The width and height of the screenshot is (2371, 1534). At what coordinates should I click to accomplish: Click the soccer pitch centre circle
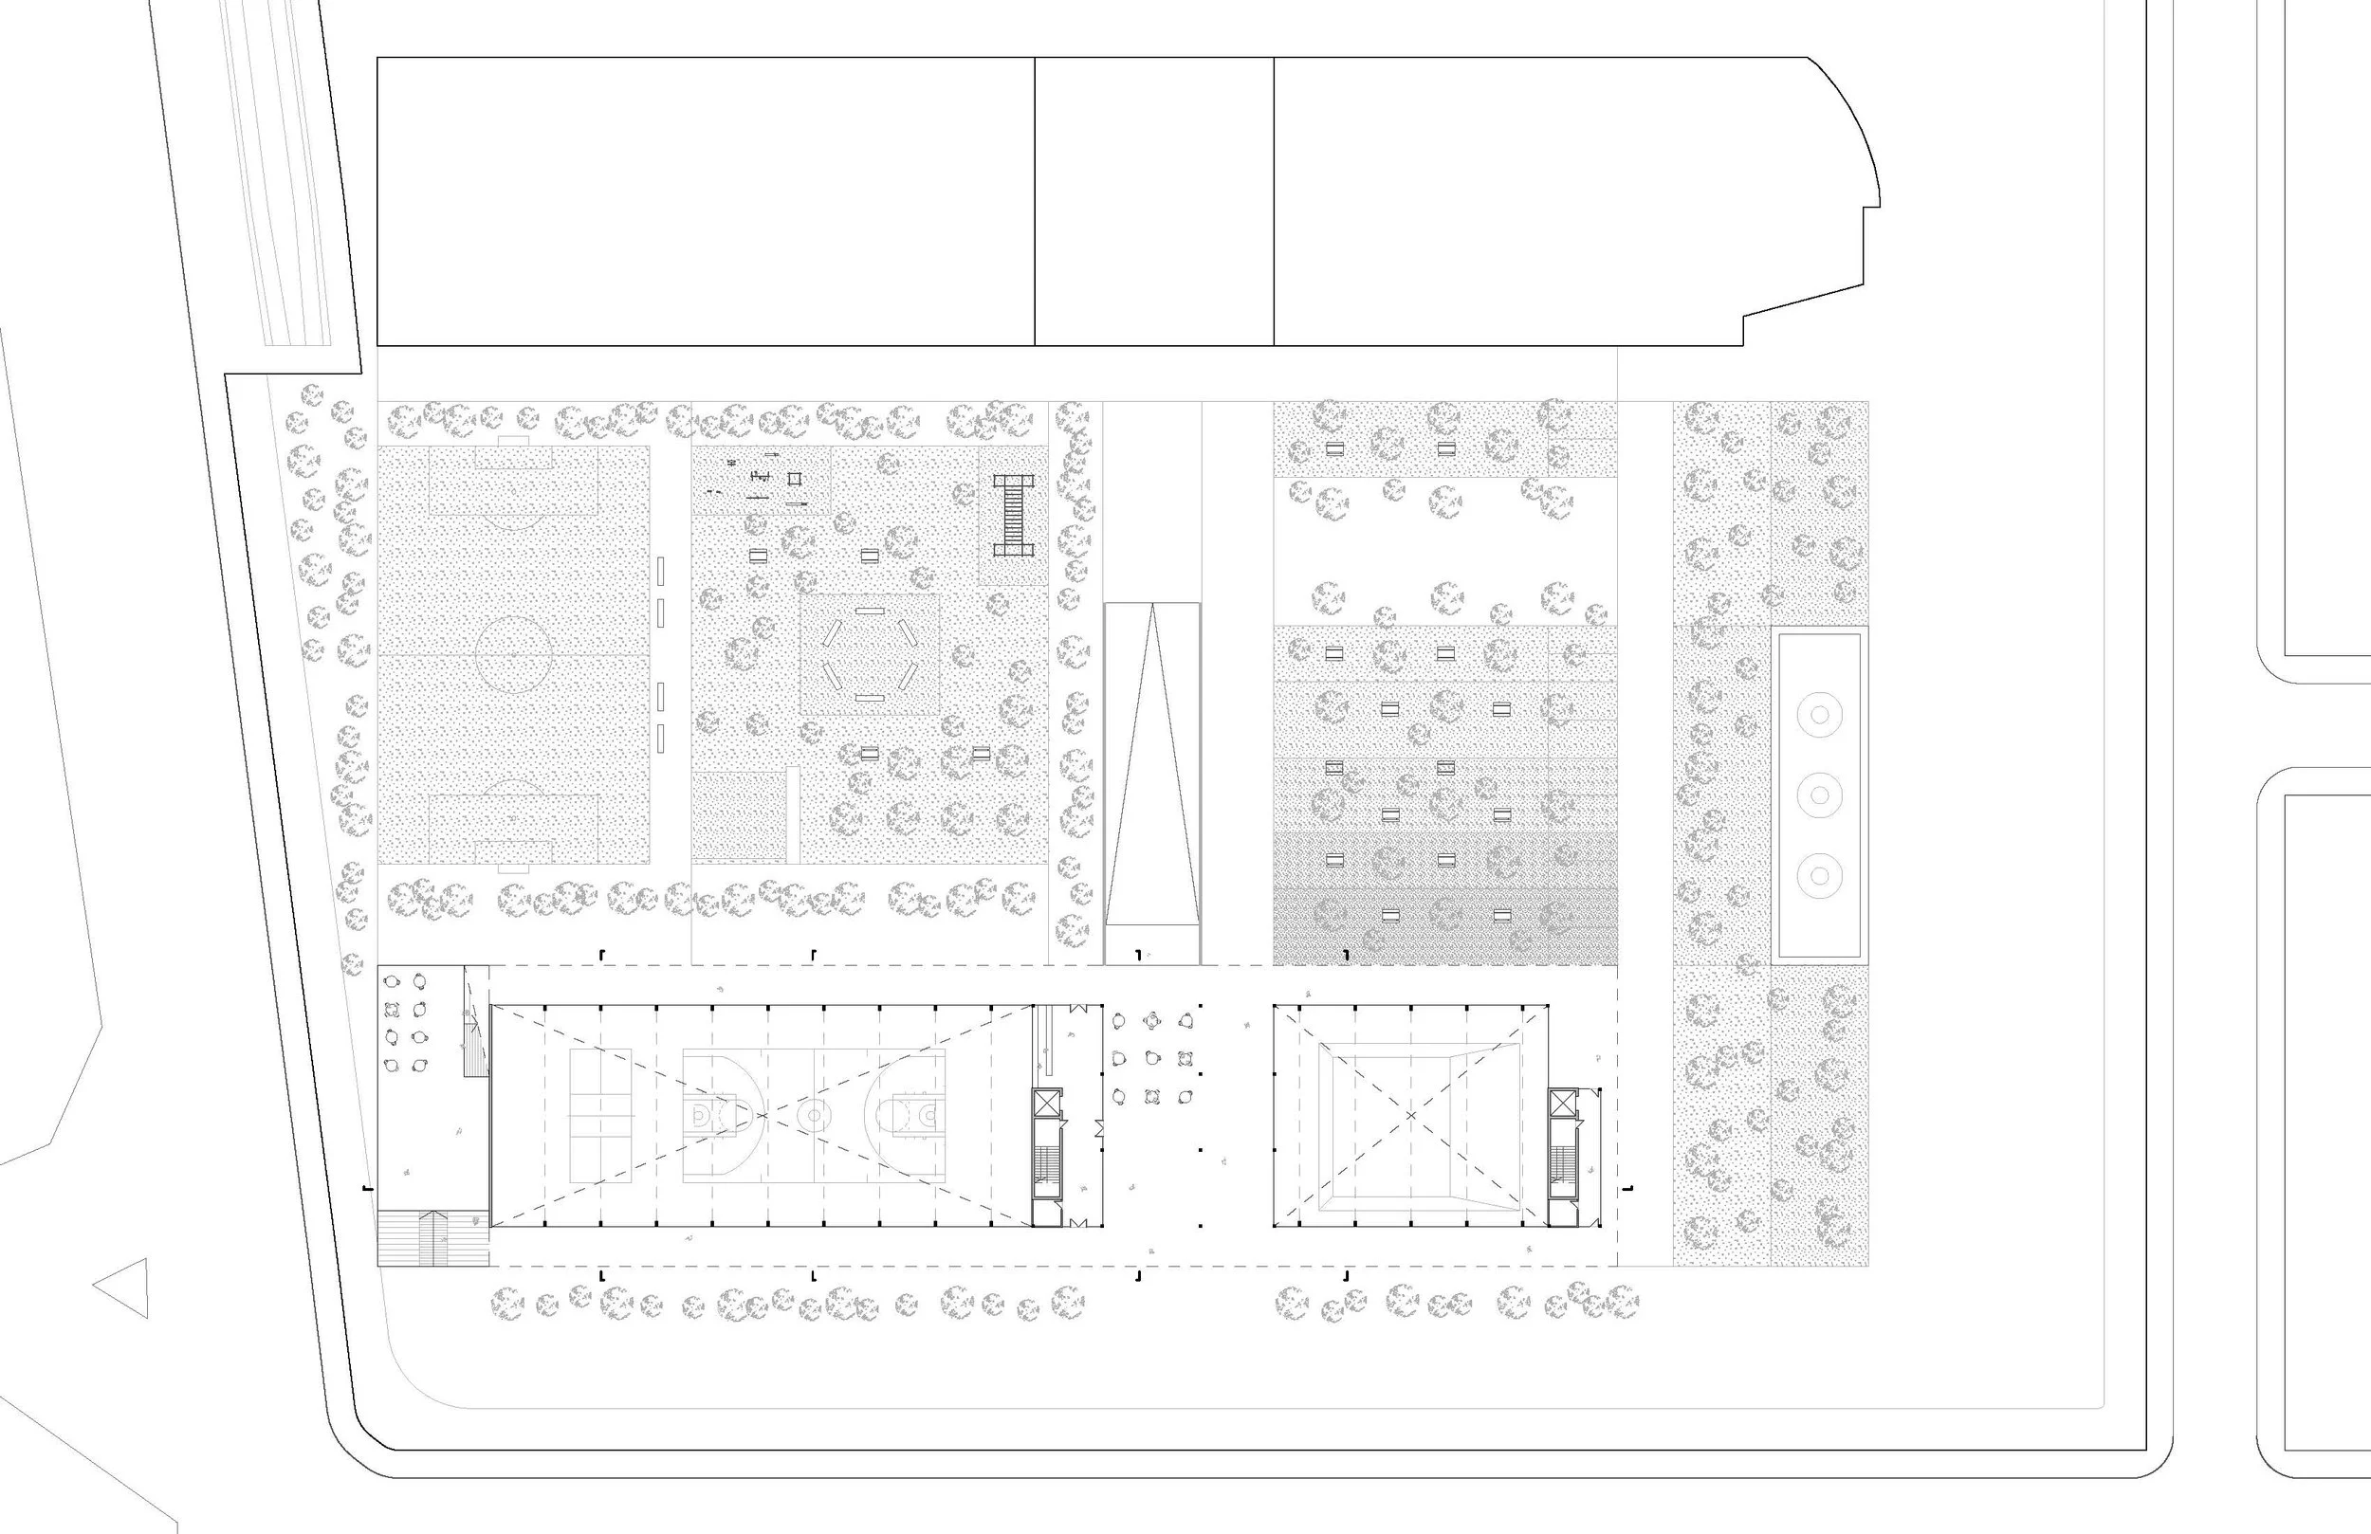click(513, 654)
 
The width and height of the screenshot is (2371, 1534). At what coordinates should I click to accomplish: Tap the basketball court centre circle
click(814, 1115)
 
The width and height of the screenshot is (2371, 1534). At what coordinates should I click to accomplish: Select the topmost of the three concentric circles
click(1819, 714)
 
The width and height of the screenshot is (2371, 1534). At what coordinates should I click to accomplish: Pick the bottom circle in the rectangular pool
click(1819, 877)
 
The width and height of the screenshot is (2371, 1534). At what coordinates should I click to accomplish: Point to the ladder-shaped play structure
click(1013, 515)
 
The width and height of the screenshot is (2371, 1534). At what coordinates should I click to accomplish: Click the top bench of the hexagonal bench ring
click(869, 610)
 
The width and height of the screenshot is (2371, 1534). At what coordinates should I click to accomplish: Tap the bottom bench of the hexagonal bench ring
click(869, 697)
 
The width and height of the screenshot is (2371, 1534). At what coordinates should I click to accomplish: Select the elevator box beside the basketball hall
click(1047, 1104)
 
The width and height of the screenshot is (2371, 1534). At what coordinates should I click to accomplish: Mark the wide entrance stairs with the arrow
click(433, 1237)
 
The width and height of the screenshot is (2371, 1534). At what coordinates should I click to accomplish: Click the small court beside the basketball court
click(600, 1116)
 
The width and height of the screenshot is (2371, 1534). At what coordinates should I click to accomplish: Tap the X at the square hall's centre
click(1410, 1115)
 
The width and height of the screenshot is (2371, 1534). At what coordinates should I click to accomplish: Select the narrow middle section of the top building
click(1153, 201)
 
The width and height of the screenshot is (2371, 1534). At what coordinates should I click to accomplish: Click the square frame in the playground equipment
click(795, 479)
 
